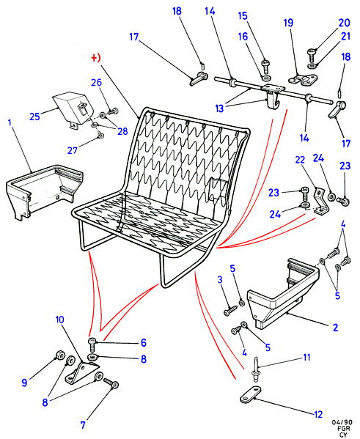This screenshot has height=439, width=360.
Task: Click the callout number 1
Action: [x=10, y=122]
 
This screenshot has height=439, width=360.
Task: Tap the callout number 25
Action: [x=34, y=117]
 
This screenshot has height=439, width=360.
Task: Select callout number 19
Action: [x=289, y=23]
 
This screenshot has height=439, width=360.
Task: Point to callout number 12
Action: [x=318, y=414]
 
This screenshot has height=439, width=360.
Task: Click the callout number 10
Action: [x=59, y=319]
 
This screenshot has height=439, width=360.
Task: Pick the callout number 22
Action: [x=300, y=160]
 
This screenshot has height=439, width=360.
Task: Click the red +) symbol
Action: [x=96, y=58]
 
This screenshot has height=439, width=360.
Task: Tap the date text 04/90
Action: [x=342, y=422]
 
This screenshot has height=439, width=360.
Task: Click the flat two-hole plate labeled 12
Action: [x=251, y=394]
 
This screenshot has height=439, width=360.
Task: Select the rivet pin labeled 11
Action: [x=257, y=369]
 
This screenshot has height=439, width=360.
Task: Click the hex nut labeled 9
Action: [x=59, y=355]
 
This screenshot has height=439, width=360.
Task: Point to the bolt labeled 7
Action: [x=111, y=383]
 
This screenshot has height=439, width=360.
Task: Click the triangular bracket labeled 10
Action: [x=81, y=373]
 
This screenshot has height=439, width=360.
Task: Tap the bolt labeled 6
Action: [x=92, y=345]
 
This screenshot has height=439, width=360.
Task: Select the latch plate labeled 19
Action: [x=303, y=79]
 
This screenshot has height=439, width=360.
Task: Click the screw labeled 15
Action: [x=265, y=67]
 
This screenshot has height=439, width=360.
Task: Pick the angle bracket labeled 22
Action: [x=321, y=202]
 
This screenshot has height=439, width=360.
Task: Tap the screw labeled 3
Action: [x=230, y=310]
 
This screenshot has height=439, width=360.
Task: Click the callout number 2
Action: [x=335, y=327]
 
